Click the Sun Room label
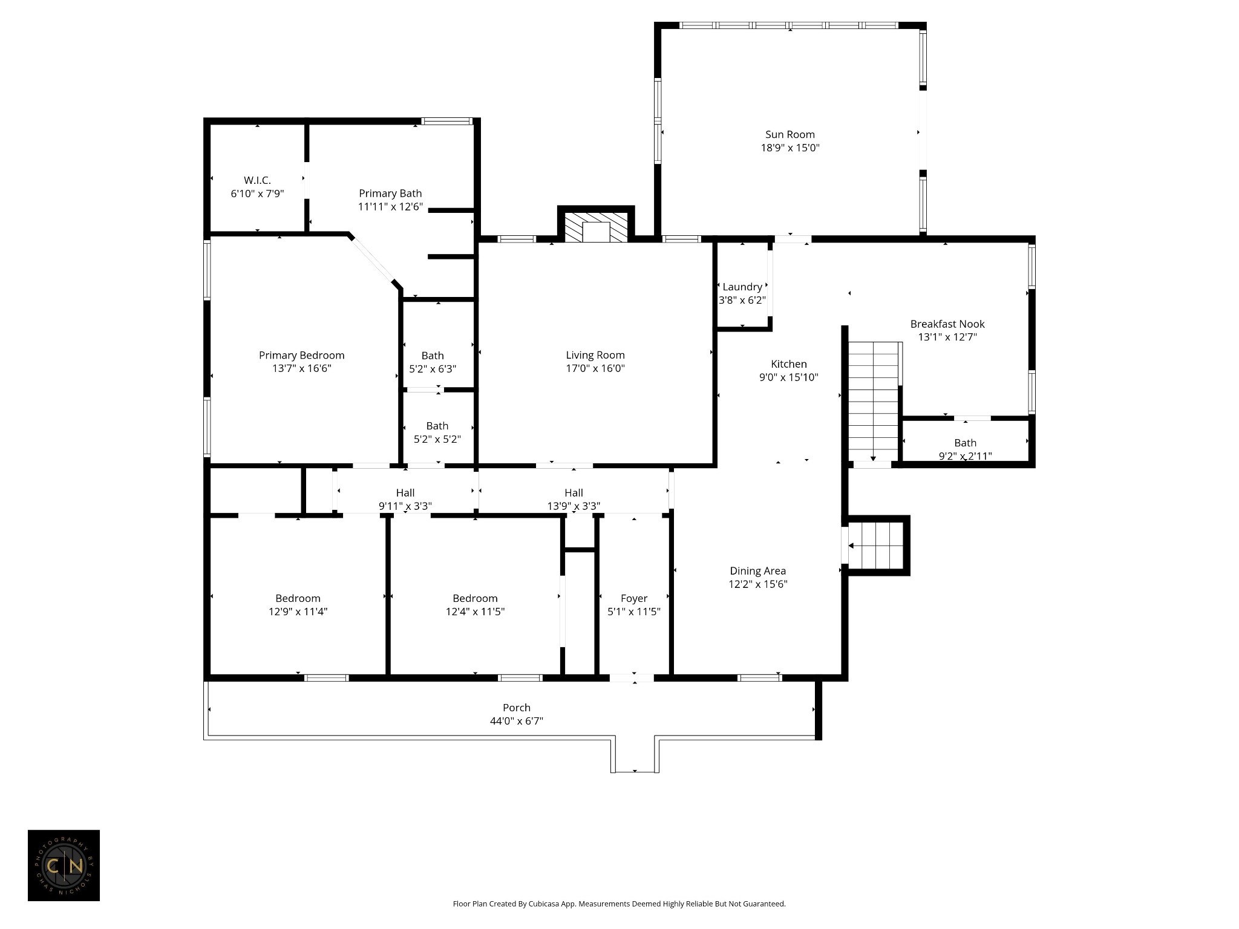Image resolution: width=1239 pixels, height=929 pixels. (x=789, y=134)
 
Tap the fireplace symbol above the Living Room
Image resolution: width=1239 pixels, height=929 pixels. (x=596, y=227)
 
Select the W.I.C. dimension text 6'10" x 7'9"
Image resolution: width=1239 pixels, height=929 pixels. (x=257, y=194)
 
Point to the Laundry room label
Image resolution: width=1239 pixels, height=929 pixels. (x=742, y=287)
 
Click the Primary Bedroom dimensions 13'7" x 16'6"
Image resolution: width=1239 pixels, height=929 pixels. (x=301, y=368)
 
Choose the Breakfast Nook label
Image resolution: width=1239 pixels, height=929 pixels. (x=947, y=324)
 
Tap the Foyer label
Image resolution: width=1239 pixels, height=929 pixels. (x=633, y=598)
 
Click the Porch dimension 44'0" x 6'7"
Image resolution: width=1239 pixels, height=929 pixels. (x=516, y=721)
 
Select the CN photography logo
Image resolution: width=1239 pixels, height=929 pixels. (x=64, y=865)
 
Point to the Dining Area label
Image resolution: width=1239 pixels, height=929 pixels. (x=757, y=571)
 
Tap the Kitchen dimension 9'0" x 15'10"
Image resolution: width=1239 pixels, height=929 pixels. (x=788, y=377)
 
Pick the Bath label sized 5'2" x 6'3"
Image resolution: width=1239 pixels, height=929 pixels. (x=432, y=356)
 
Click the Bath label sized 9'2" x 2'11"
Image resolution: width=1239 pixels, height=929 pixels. (x=965, y=443)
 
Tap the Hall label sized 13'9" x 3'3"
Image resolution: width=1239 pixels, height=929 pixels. (x=574, y=493)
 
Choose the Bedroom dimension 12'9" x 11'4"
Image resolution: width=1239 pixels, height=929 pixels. (x=298, y=611)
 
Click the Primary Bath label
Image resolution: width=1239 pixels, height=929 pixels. (x=390, y=194)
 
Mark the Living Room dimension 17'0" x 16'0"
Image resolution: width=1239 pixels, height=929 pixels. (x=595, y=368)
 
